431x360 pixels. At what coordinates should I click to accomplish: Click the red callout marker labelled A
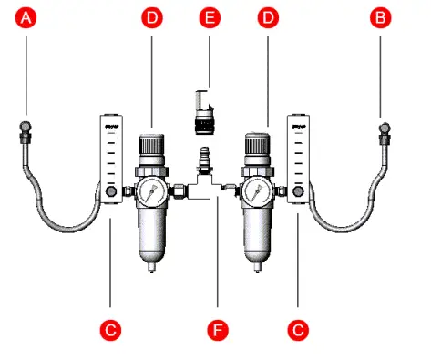click(x=29, y=17)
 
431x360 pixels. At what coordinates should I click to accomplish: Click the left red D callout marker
click(x=151, y=17)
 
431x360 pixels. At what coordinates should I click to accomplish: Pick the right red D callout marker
click(x=266, y=17)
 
